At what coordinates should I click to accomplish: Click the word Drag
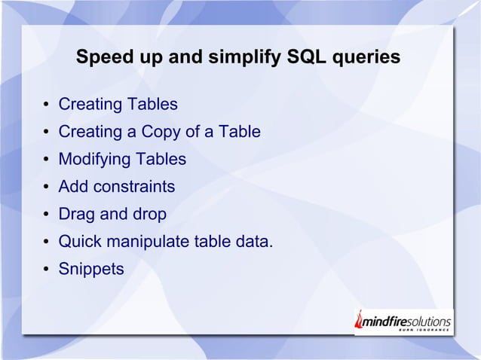click(x=77, y=215)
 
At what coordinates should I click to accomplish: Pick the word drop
click(x=149, y=215)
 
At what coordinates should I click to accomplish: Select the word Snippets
click(x=91, y=269)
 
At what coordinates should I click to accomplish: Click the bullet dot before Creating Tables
click(x=46, y=105)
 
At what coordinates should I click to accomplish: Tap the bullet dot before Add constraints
click(x=46, y=188)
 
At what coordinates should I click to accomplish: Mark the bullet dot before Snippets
click(x=46, y=270)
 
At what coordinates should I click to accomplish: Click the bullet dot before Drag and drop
click(x=46, y=215)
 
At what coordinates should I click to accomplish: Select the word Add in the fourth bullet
click(x=73, y=187)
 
